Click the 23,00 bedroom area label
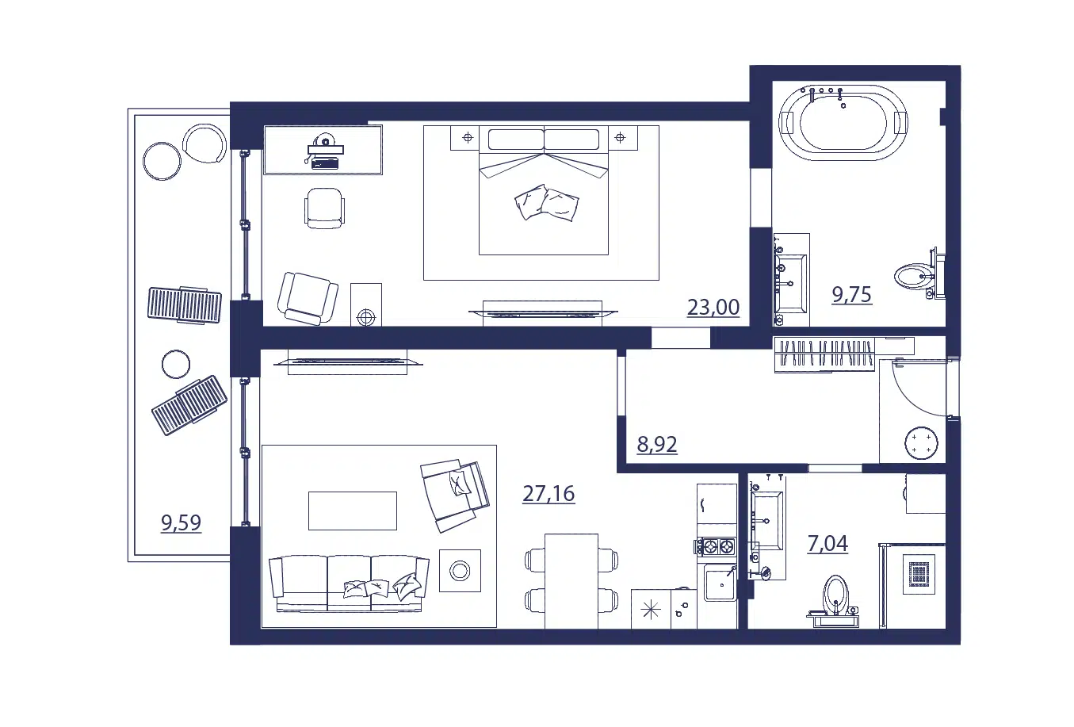(713, 308)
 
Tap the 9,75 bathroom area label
(851, 294)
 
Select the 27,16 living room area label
(548, 493)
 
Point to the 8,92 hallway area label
(657, 445)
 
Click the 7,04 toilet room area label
(827, 544)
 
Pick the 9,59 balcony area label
(181, 522)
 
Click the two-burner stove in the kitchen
(717, 546)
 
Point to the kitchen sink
(720, 583)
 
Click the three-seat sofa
(349, 584)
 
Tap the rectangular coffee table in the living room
(353, 511)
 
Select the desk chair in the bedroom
(324, 209)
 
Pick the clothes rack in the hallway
(824, 355)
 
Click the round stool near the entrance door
(921, 443)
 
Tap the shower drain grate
(919, 575)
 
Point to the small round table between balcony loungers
(175, 365)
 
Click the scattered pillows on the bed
(547, 202)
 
